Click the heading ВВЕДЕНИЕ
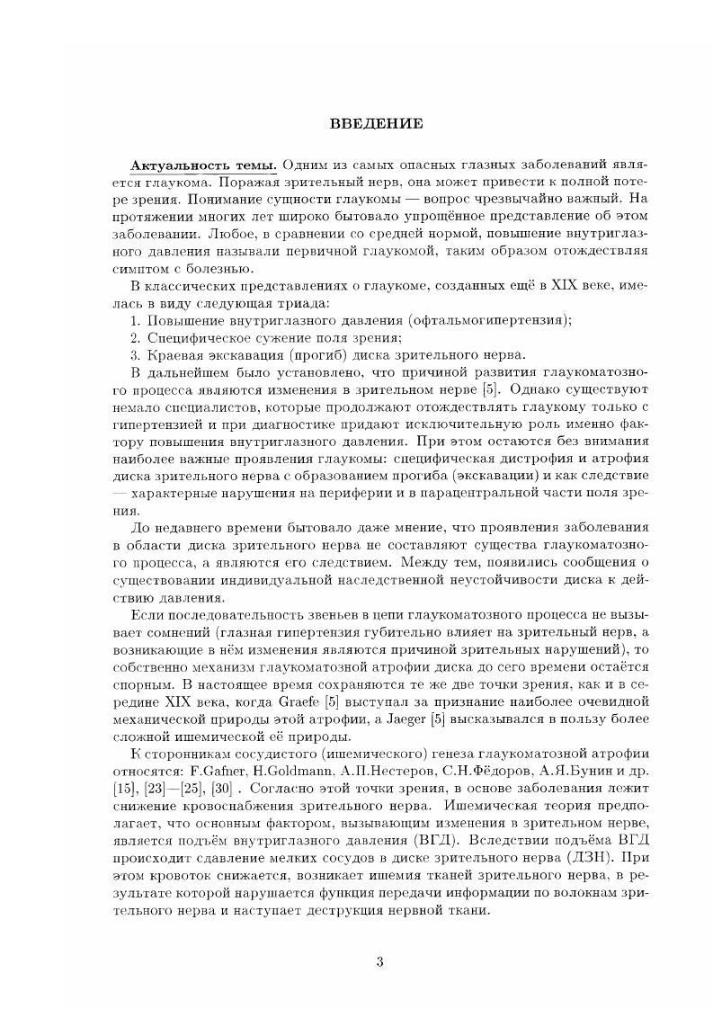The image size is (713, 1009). [x=356, y=123]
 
